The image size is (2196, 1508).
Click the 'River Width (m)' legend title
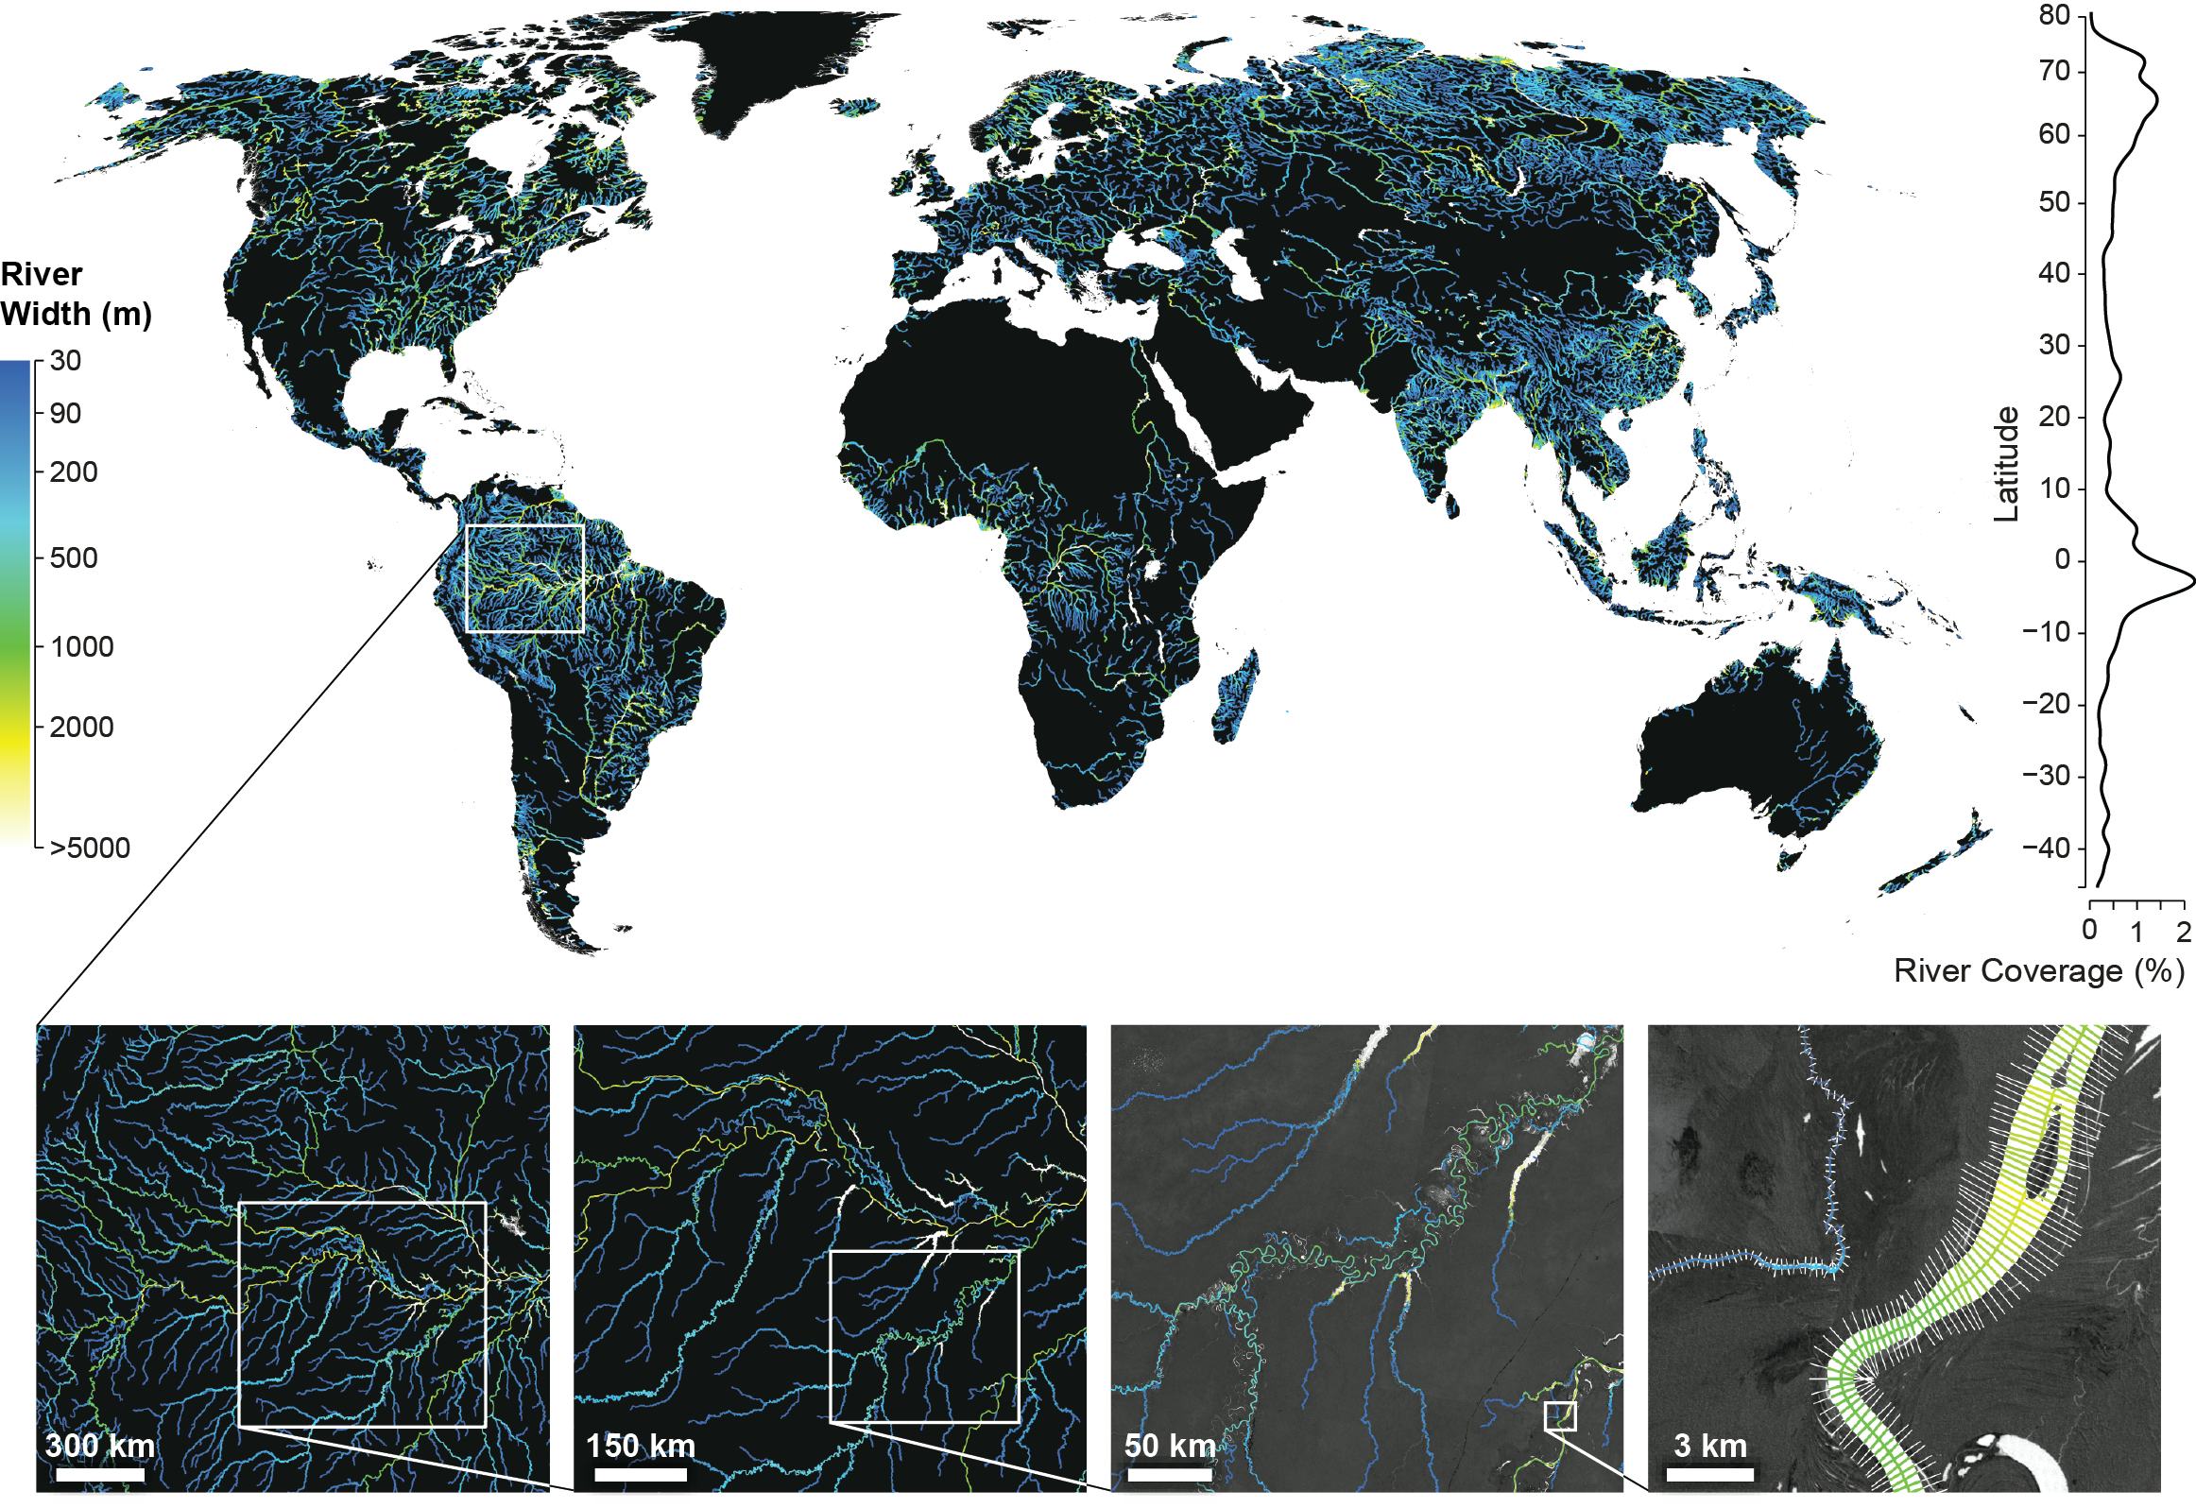76,294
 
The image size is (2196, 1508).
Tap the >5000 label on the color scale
90,848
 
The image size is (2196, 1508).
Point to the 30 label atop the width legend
65,361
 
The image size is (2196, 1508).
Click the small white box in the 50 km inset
1560,1443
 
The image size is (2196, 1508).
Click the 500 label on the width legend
74,558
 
